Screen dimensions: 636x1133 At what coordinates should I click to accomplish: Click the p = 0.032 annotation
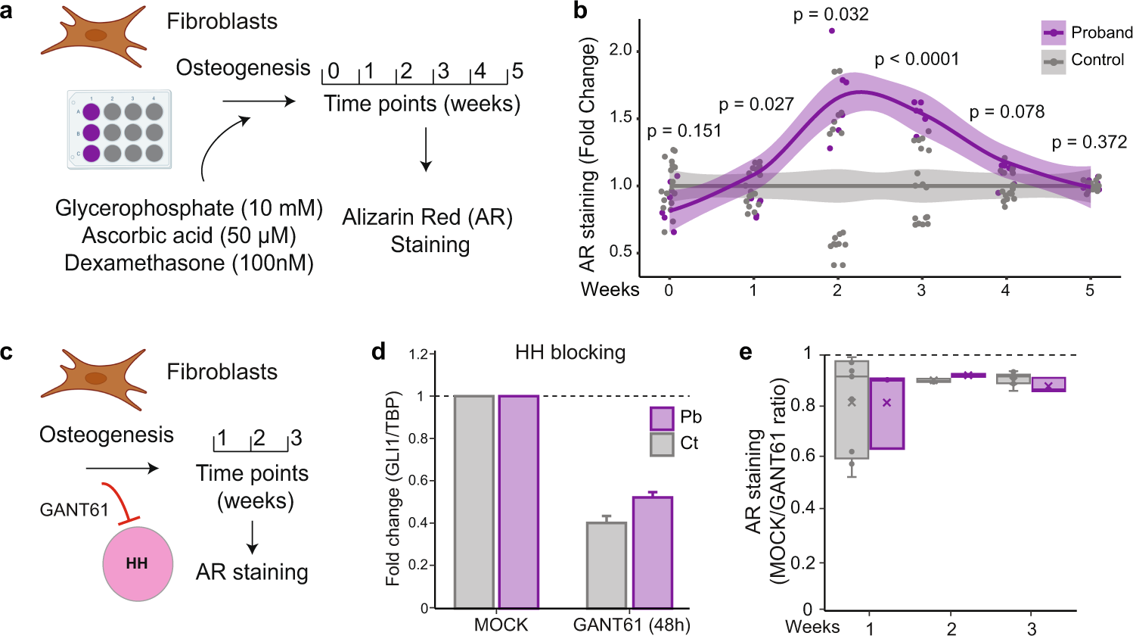click(830, 14)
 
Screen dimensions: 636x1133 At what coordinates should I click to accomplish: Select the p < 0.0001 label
click(917, 59)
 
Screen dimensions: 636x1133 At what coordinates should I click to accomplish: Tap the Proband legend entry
click(1087, 33)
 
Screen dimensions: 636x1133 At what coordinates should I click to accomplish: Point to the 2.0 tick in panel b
click(620, 51)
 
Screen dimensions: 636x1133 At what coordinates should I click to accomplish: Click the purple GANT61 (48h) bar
click(653, 553)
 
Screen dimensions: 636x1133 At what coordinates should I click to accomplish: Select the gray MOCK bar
click(473, 501)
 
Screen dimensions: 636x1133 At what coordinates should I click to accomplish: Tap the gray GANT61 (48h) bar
click(607, 565)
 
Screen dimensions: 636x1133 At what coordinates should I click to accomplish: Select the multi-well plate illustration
click(120, 129)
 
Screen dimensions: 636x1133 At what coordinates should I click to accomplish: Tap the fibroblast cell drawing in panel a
click(95, 35)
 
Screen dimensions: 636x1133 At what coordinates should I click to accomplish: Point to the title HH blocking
click(570, 353)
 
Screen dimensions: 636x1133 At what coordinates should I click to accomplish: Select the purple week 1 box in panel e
click(887, 413)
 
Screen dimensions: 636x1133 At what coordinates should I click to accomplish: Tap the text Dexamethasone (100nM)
click(189, 263)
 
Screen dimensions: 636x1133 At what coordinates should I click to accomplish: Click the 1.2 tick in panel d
click(419, 354)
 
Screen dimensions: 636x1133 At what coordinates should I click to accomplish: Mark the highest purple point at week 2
click(832, 31)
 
